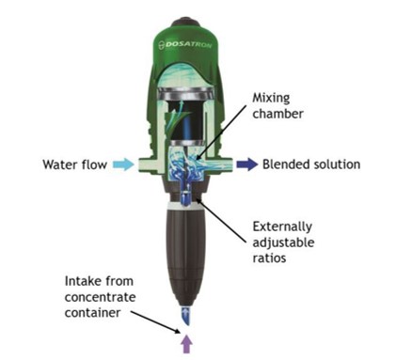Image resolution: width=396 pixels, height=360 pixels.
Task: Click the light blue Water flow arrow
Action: coord(123,164)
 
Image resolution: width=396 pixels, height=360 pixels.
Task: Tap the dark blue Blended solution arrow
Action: coord(247,164)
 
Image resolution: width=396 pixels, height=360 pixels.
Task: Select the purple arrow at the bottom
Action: coord(186,344)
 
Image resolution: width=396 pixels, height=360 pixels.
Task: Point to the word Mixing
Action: coord(271,99)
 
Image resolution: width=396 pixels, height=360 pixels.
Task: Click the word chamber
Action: coord(277,114)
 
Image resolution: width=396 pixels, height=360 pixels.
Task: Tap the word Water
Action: coord(59,164)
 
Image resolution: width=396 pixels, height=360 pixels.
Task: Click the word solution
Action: coord(336,164)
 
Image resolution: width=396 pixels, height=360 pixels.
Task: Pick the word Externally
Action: coord(282,227)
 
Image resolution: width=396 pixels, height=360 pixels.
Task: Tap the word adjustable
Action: coord(283,243)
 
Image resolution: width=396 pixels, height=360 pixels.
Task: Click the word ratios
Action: coord(269,258)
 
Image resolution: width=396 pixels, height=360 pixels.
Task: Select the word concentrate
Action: coord(100,297)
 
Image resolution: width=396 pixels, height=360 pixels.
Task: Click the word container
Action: coord(92,313)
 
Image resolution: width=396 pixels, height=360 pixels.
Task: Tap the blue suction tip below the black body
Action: coord(186,316)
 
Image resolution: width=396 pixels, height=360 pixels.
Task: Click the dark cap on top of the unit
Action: coord(185,22)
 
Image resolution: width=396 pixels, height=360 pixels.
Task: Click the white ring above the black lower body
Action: coord(185,205)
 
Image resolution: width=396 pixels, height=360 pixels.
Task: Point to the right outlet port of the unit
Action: coord(227,165)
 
